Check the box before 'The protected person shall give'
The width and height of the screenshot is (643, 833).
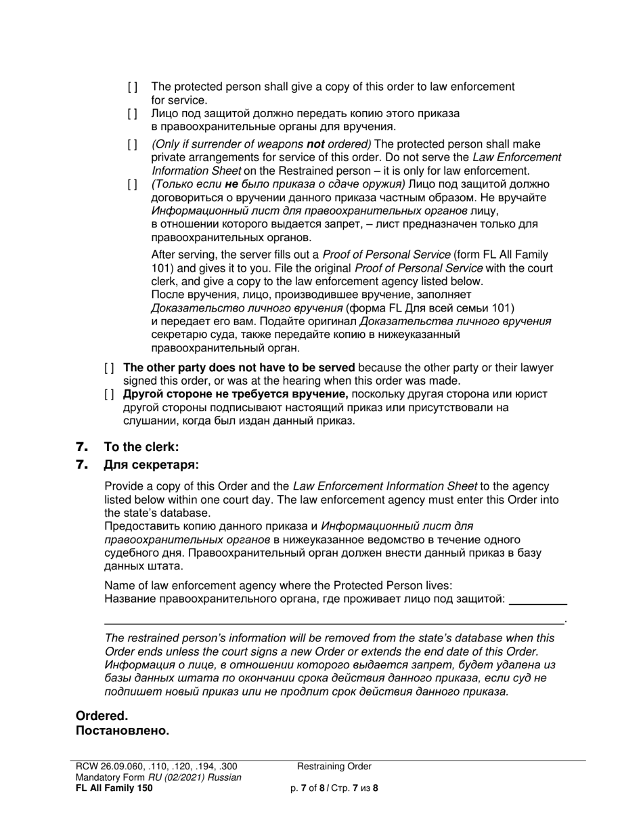tap(133, 87)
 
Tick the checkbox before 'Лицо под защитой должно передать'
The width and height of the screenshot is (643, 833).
tap(133, 114)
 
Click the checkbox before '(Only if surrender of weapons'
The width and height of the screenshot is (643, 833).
tap(133, 144)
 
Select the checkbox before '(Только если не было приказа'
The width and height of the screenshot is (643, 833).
tap(133, 184)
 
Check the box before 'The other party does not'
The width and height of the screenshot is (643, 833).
tap(109, 368)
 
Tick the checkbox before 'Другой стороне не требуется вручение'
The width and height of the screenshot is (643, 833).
tap(109, 394)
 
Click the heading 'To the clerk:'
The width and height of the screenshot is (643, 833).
tap(141, 447)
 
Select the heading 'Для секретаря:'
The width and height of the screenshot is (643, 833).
tap(151, 465)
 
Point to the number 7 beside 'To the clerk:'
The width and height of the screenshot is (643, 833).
tap(82, 447)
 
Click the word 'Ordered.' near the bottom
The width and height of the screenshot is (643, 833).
tap(102, 716)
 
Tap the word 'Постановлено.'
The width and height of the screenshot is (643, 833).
tap(122, 731)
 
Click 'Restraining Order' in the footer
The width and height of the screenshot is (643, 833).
tap(334, 767)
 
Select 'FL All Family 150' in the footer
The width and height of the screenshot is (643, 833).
tap(114, 788)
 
